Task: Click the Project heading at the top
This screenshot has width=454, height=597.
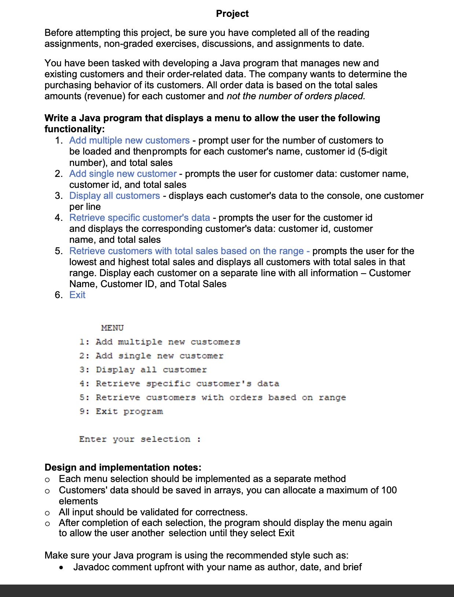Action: coord(232,14)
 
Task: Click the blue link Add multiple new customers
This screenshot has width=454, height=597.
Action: coord(129,140)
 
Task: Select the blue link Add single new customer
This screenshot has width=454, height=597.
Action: coord(123,174)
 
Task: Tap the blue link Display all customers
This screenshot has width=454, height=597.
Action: coord(114,196)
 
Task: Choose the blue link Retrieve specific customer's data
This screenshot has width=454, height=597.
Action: coord(139,218)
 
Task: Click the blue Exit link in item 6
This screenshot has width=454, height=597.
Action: coord(77,295)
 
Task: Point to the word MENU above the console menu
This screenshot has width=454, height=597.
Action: coord(112,328)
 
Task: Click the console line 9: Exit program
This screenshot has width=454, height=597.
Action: coord(121,411)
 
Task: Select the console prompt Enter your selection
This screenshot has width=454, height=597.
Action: coord(139,439)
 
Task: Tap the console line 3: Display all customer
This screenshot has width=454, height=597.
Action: coord(143,370)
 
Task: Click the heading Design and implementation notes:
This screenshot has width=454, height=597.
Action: coord(123,467)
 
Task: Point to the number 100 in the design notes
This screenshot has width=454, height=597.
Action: coord(388,490)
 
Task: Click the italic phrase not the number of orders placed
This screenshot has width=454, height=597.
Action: coord(296,96)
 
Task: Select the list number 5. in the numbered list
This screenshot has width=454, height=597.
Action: coord(59,251)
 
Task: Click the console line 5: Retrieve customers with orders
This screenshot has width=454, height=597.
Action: coord(212,397)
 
